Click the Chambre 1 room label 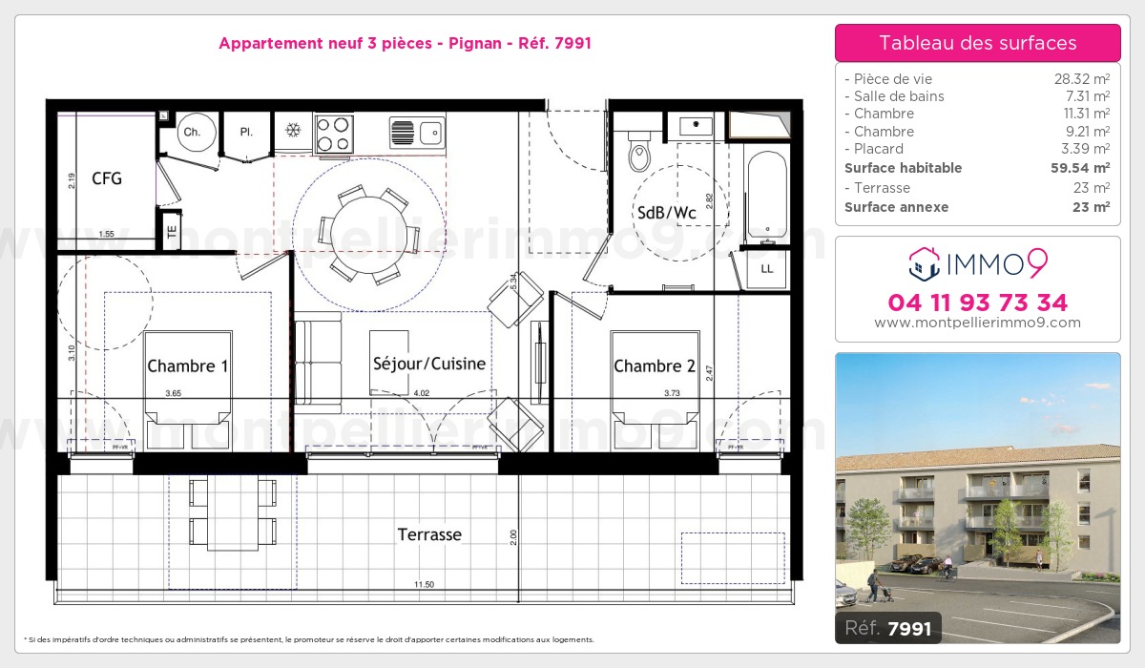(x=188, y=366)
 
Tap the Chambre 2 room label (x=655, y=366)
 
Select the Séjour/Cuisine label (x=429, y=364)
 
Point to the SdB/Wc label (x=667, y=213)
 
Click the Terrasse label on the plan (x=429, y=535)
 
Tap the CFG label (x=107, y=178)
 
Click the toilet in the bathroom (x=639, y=153)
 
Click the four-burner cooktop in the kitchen (x=334, y=133)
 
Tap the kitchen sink (x=418, y=132)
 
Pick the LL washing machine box (x=767, y=269)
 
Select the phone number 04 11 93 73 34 (x=977, y=303)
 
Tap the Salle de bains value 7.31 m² (x=1088, y=96)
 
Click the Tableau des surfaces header (x=977, y=43)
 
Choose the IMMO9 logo (x=977, y=262)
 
